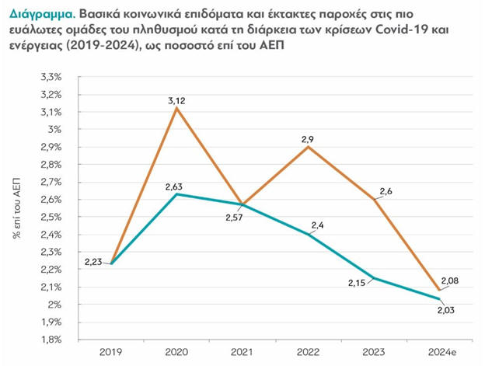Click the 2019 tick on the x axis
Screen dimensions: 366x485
click(x=110, y=351)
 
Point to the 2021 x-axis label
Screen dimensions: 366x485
click(x=242, y=351)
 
